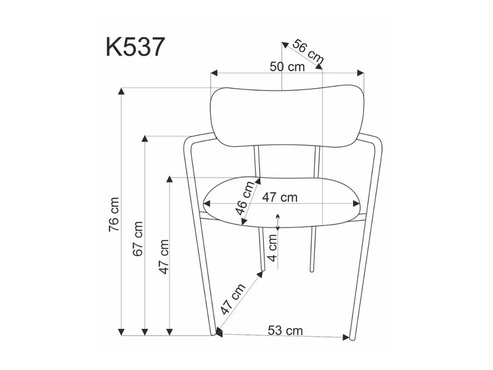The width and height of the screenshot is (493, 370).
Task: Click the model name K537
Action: (x=135, y=47)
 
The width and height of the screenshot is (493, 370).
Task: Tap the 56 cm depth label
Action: (x=308, y=51)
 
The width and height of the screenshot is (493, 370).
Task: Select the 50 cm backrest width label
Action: (x=287, y=67)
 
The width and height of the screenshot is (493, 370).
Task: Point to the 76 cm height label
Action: (x=114, y=215)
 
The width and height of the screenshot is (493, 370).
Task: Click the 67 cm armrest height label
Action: (x=138, y=239)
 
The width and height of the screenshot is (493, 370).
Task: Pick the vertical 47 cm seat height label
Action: (x=164, y=257)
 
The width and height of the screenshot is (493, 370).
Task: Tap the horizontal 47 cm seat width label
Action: (x=280, y=197)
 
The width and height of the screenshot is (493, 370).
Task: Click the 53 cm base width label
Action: (x=285, y=331)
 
